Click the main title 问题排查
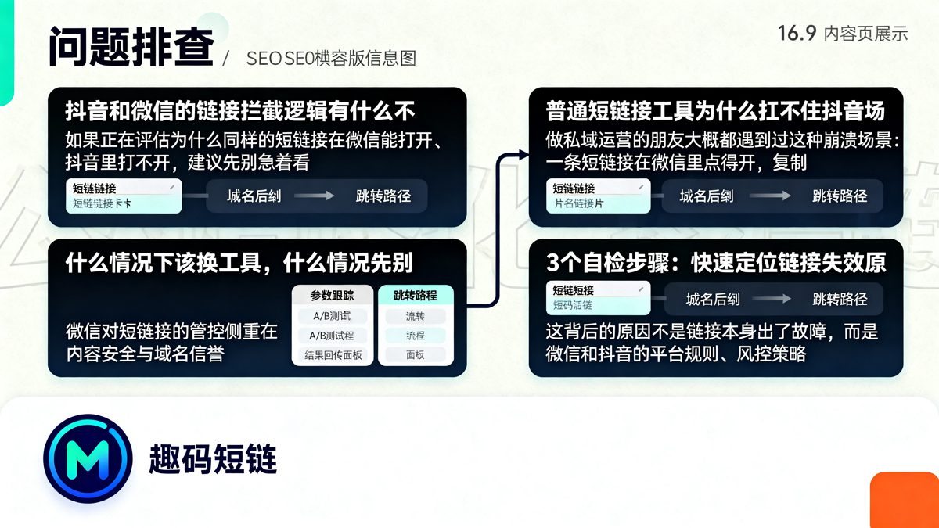pyautogui.click(x=131, y=48)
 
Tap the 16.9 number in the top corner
pyautogui.click(x=797, y=33)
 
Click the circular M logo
pyautogui.click(x=88, y=458)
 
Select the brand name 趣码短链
pyautogui.click(x=213, y=459)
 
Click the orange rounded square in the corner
pyautogui.click(x=905, y=500)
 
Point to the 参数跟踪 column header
pyautogui.click(x=332, y=296)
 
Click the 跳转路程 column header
pyautogui.click(x=416, y=296)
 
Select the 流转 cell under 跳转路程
pyautogui.click(x=416, y=317)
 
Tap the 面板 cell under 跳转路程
pyautogui.click(x=416, y=355)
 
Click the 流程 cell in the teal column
pyautogui.click(x=416, y=336)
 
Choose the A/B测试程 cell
pyautogui.click(x=332, y=336)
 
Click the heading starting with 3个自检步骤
pyautogui.click(x=715, y=263)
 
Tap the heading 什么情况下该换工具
pyautogui.click(x=239, y=263)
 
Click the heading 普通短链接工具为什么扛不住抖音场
pyautogui.click(x=715, y=111)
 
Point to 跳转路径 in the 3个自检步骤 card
pyautogui.click(x=840, y=299)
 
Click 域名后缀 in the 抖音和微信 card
pyautogui.click(x=254, y=196)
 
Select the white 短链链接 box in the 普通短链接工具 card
pyautogui.click(x=599, y=196)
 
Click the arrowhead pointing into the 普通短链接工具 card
pyautogui.click(x=523, y=156)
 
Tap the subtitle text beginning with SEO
pyautogui.click(x=330, y=59)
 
